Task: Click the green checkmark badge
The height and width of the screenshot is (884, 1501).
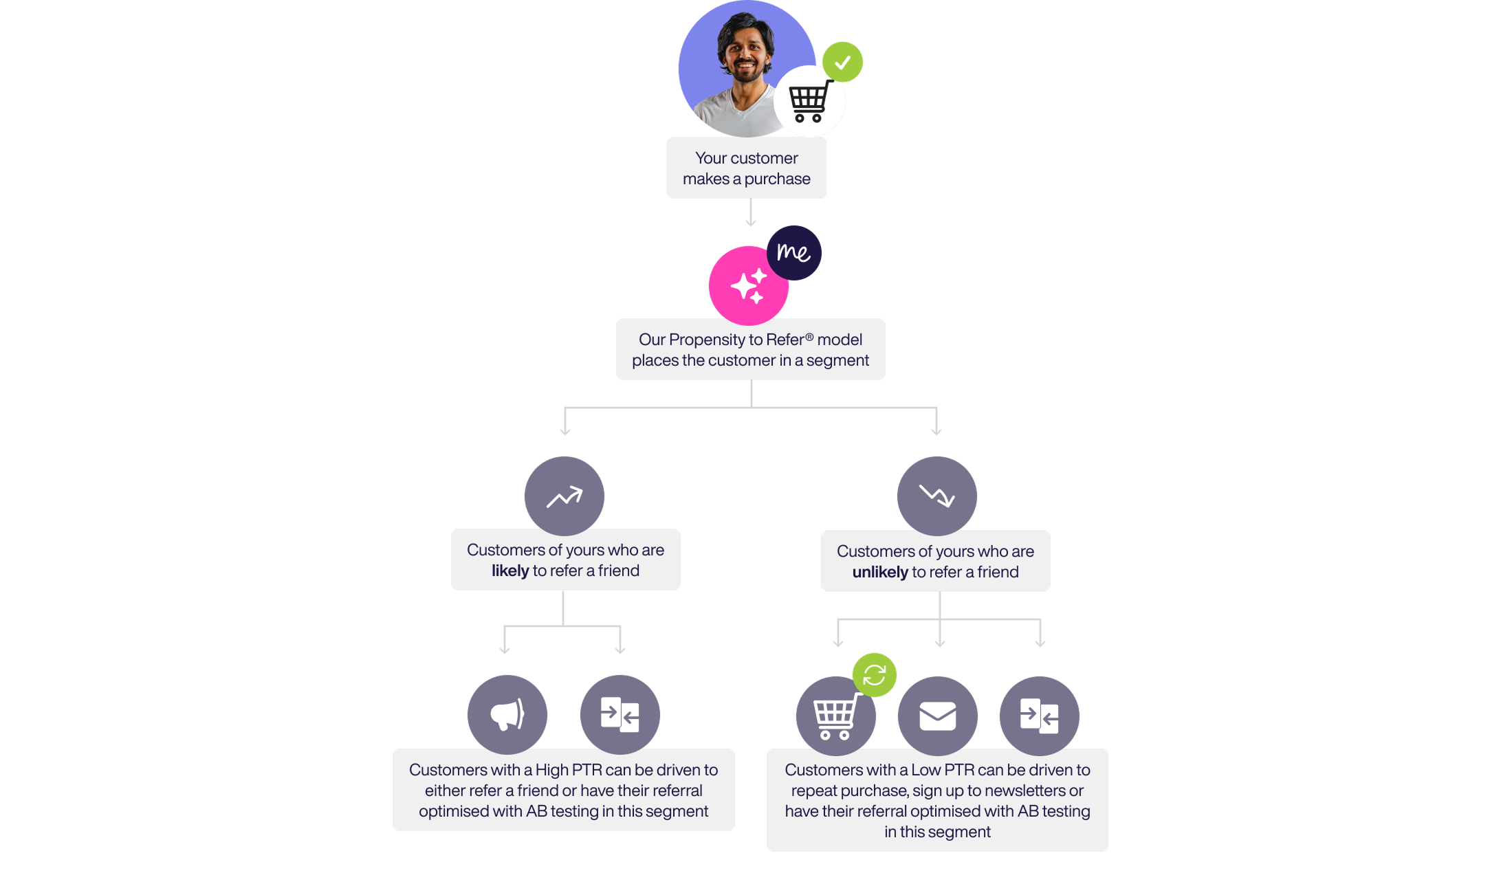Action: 842,62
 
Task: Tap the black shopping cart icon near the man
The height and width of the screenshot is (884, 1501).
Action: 809,102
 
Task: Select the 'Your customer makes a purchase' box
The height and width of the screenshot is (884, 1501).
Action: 747,168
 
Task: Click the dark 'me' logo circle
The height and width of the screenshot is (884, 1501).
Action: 793,252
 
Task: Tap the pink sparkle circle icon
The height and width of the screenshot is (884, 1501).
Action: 748,285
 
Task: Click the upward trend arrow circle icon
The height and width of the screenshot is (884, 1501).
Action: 565,496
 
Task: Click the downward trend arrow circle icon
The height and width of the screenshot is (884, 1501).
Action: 936,496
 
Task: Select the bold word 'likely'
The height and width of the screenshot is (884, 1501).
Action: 510,571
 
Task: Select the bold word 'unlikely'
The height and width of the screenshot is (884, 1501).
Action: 880,573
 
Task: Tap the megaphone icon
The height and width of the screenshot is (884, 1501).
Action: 507,715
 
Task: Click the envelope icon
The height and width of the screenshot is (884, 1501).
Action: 937,716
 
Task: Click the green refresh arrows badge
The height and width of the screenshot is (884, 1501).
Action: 874,674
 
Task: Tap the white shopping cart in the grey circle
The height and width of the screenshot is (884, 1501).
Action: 835,716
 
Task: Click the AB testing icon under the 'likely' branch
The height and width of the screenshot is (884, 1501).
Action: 620,715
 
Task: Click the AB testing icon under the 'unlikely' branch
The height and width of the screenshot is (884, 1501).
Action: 1039,716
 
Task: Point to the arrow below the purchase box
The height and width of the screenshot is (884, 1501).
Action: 751,213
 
